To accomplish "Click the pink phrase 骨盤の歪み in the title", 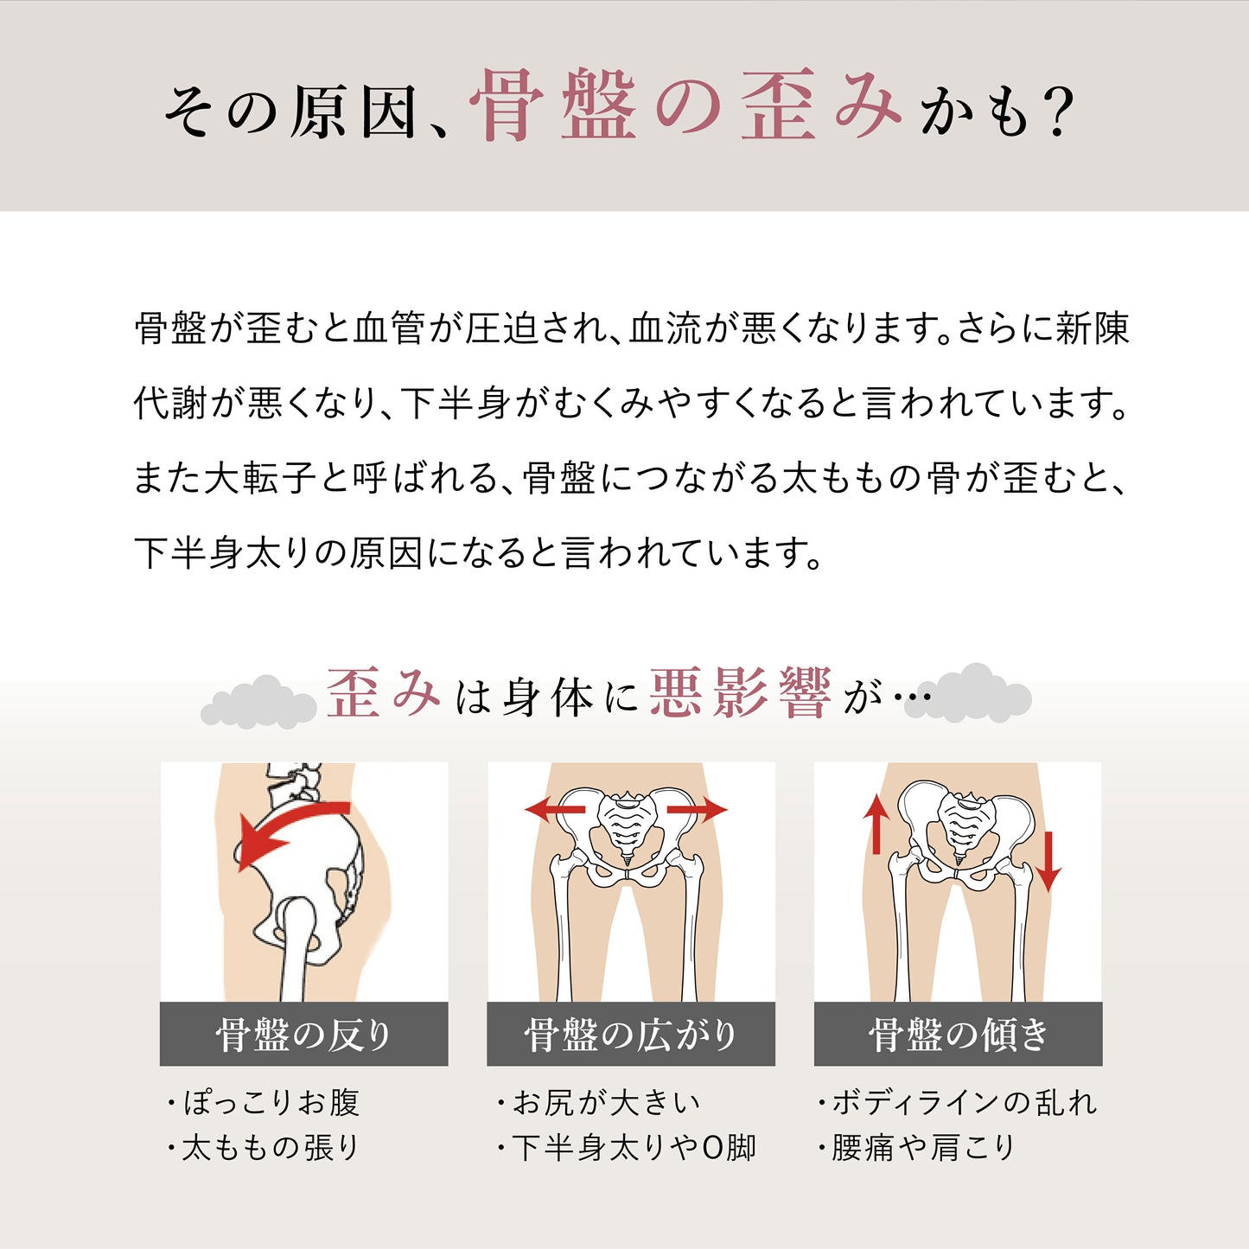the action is [x=685, y=105].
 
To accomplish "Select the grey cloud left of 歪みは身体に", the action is [x=258, y=701].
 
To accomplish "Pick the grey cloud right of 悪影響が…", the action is [x=968, y=692].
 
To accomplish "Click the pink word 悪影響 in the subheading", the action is [x=741, y=693].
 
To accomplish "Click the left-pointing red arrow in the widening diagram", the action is [x=555, y=809].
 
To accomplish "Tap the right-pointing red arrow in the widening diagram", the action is [x=698, y=810].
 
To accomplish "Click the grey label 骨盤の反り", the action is [x=304, y=1036].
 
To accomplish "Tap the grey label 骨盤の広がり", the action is [x=631, y=1036].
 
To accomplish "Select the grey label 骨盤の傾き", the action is [x=958, y=1036].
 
